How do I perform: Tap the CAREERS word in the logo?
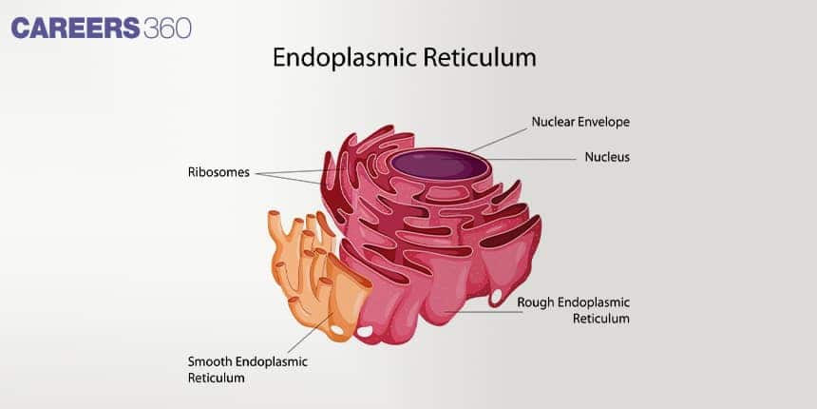coord(76,29)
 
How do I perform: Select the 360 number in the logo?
coord(168,29)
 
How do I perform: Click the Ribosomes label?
coord(218,173)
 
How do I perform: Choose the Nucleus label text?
coord(607,156)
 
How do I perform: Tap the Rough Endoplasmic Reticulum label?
coord(573,310)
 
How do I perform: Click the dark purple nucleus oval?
coord(438,165)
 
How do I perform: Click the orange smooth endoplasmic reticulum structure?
coord(313,276)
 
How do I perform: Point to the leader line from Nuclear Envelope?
coord(499,139)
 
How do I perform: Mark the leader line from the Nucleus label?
coord(532,159)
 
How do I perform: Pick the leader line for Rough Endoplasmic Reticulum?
coord(480,311)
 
